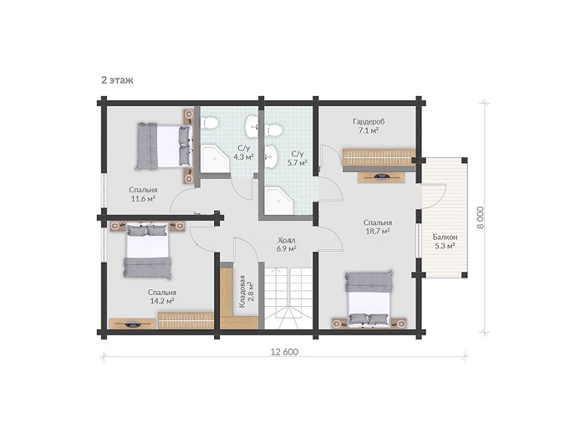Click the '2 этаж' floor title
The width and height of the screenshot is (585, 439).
click(117, 80)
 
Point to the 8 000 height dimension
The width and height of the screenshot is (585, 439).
click(481, 217)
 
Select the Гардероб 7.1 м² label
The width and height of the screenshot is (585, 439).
click(369, 125)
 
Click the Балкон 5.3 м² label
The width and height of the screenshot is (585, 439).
click(445, 241)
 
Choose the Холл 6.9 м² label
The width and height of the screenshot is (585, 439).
click(287, 244)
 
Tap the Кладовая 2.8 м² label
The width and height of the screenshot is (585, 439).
click(247, 291)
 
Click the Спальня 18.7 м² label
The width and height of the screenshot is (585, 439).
click(378, 227)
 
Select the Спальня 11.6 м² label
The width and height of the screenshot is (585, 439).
click(143, 194)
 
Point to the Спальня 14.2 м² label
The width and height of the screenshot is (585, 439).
click(162, 296)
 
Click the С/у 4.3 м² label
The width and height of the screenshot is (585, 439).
click(244, 152)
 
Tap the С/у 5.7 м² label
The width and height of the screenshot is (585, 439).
click(298, 158)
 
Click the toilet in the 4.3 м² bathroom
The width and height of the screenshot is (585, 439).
click(210, 122)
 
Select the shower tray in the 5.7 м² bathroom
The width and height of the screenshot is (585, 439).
click(280, 201)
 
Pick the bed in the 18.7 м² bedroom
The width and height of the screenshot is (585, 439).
click(369, 299)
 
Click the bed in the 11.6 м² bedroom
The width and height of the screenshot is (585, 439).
click(164, 146)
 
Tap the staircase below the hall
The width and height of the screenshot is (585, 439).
click(288, 299)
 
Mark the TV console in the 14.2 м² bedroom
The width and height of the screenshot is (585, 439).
click(132, 324)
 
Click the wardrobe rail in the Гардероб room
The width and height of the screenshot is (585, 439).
click(379, 158)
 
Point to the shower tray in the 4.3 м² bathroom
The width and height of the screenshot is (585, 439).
click(216, 159)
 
